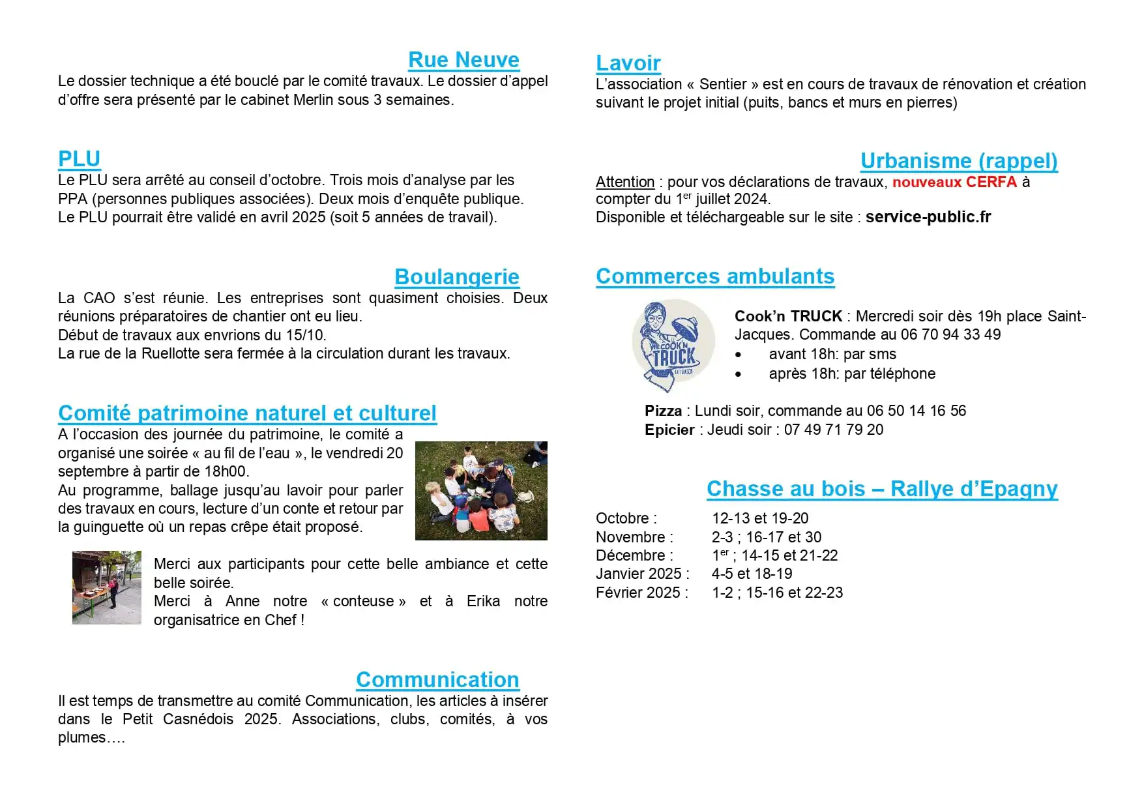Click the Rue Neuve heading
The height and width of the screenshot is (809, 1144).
(463, 60)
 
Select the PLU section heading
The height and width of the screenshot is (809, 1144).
(79, 158)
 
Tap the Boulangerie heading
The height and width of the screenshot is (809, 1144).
(456, 277)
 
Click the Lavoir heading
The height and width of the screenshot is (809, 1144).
(628, 63)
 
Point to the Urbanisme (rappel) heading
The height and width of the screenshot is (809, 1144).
(958, 161)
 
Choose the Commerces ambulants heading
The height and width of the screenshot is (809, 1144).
(714, 276)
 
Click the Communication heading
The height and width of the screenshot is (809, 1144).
(437, 680)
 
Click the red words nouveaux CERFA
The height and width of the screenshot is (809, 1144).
(954, 182)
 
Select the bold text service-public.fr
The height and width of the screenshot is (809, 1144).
(928, 217)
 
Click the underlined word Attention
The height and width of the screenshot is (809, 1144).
(624, 182)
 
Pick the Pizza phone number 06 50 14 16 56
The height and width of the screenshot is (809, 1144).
(916, 411)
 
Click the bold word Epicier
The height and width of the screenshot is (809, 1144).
(669, 430)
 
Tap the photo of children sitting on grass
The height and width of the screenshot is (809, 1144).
(481, 490)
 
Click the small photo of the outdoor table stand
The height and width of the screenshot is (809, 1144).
(106, 587)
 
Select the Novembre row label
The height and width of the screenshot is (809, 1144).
(634, 537)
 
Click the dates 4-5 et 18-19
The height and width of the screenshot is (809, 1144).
(752, 574)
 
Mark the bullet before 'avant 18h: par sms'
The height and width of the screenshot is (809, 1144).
(738, 355)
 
